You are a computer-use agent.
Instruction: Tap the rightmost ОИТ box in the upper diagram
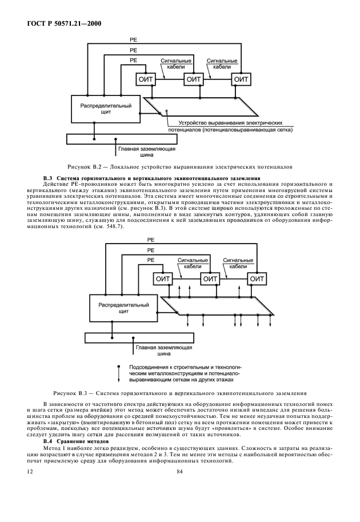point(242,79)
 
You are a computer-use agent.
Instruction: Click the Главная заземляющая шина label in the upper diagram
point(147,150)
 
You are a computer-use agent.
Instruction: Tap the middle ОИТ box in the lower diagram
point(210,278)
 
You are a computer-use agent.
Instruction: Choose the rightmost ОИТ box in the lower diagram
point(257,278)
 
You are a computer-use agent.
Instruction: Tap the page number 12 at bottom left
point(30,472)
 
